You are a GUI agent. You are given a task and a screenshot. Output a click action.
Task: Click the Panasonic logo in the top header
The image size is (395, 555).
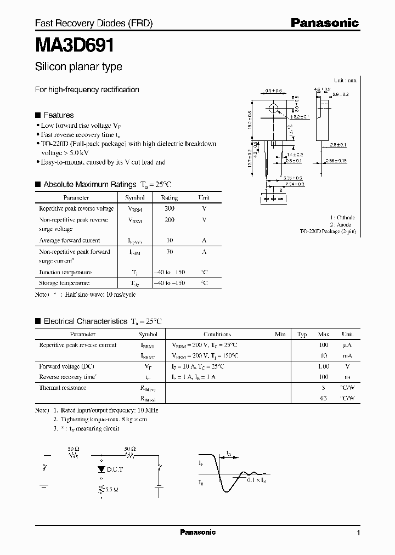coord(324,23)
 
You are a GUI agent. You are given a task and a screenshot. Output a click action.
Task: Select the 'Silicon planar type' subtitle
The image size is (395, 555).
coord(78,67)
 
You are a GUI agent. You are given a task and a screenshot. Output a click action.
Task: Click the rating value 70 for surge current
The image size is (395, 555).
coord(170,252)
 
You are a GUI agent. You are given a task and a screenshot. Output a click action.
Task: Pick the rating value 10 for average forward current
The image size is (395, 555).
coord(170,240)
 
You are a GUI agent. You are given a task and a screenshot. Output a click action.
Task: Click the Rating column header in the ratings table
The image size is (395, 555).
coord(170,197)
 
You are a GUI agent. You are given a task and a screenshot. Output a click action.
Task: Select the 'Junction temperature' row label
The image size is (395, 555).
coord(65,272)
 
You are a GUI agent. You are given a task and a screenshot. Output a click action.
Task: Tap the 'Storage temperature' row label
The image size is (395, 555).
coord(64,283)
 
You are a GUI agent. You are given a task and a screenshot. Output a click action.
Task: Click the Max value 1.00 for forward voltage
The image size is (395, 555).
coord(324,366)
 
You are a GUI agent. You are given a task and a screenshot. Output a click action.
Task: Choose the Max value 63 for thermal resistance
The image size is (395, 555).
coord(324,398)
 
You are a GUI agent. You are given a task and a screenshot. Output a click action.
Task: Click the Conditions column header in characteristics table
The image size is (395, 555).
coord(217,334)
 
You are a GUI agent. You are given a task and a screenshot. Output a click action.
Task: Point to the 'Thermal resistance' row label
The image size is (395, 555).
coord(63,388)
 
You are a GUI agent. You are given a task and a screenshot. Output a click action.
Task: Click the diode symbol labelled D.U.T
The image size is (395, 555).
coord(101,469)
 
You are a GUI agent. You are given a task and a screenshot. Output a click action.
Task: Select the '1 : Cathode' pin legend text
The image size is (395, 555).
coord(342,217)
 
